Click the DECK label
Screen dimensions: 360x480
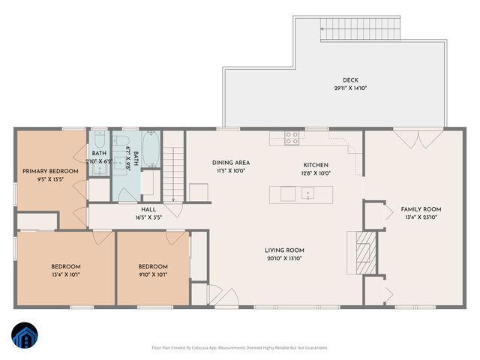[x=350, y=80]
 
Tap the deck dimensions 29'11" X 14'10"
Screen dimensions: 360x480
[x=350, y=88]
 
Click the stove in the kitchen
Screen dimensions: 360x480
[x=292, y=137]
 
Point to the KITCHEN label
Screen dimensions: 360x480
[x=316, y=165]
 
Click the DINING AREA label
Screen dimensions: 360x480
[x=231, y=163]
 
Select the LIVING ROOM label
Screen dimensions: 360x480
[x=284, y=250]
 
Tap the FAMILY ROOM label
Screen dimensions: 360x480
[x=421, y=209]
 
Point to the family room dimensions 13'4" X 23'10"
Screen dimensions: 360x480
[x=421, y=217]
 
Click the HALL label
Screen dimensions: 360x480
[x=148, y=210]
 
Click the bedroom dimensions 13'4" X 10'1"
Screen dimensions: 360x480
[x=66, y=274]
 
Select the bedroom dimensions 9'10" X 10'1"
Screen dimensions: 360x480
[x=153, y=274]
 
